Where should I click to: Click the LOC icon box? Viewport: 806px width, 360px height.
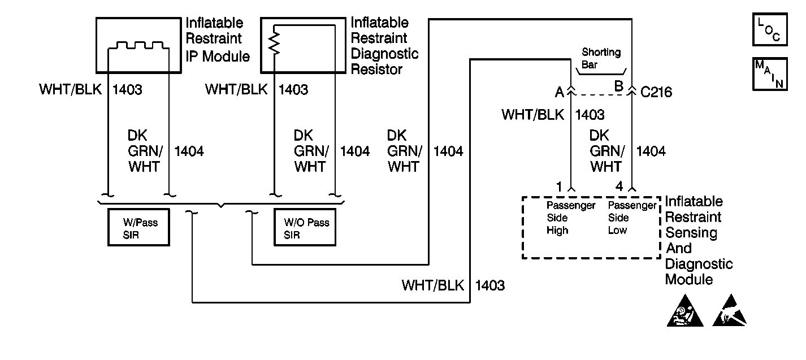[769, 30]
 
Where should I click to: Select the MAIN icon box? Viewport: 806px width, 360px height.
[769, 73]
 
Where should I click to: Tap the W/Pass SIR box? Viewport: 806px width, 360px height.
[139, 228]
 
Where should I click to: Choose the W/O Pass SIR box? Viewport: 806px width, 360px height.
[305, 228]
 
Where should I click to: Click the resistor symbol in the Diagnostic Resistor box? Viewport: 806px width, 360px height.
[275, 42]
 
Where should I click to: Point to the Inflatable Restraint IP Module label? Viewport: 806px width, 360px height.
[218, 40]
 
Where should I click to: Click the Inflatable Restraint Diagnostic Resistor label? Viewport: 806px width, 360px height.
[384, 46]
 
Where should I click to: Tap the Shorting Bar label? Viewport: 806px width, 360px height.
[601, 58]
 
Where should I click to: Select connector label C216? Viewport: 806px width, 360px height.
[656, 92]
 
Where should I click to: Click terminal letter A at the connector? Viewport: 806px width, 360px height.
[560, 91]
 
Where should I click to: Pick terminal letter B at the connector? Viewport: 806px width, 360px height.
[618, 88]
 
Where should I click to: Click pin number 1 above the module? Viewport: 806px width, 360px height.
[559, 187]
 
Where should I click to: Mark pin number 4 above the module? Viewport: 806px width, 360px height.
[620, 187]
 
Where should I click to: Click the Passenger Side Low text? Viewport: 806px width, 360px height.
[632, 218]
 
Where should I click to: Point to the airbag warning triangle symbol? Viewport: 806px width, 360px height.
[686, 313]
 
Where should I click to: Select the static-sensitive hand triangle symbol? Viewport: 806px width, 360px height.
[729, 313]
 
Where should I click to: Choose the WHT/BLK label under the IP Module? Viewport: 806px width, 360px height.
[71, 89]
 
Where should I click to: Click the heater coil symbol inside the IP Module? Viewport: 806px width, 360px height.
[138, 46]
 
